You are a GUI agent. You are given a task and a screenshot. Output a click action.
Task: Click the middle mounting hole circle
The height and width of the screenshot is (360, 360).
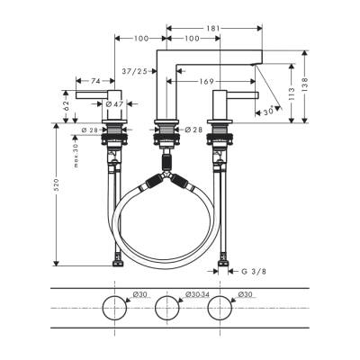(166, 309)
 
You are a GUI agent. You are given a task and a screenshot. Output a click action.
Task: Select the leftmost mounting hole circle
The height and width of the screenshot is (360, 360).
(115, 309)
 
